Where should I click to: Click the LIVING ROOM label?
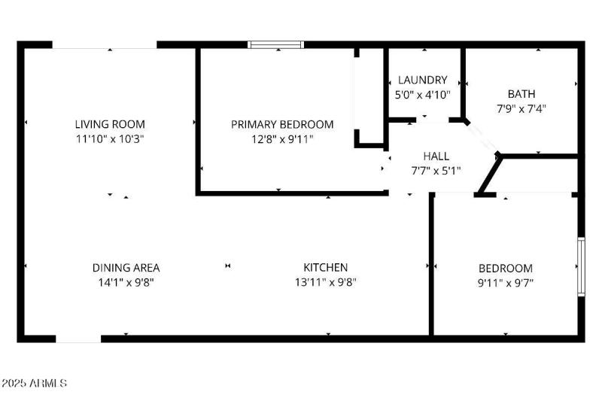pos(110,124)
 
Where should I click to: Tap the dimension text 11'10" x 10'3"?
pos(110,138)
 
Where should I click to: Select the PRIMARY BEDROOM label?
pos(282,124)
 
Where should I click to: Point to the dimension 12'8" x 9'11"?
pos(282,138)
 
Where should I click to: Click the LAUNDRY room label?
pos(423,80)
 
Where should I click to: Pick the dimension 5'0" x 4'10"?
pos(423,95)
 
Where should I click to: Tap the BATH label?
pos(521,94)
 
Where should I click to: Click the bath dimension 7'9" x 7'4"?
pos(521,108)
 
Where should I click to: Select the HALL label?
pos(436,156)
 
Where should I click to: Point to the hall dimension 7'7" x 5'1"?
pos(436,170)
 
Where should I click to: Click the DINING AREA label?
pos(126,267)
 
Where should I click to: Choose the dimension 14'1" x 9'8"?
pos(126,282)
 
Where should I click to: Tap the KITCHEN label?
pos(325,267)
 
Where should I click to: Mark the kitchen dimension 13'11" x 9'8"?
pos(325,282)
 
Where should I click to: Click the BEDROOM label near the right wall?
pos(506,268)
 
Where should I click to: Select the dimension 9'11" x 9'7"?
pos(506,283)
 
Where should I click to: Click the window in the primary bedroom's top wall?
pos(277,44)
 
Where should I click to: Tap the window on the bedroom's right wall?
pos(581,266)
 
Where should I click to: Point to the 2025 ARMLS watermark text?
pos(35,384)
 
